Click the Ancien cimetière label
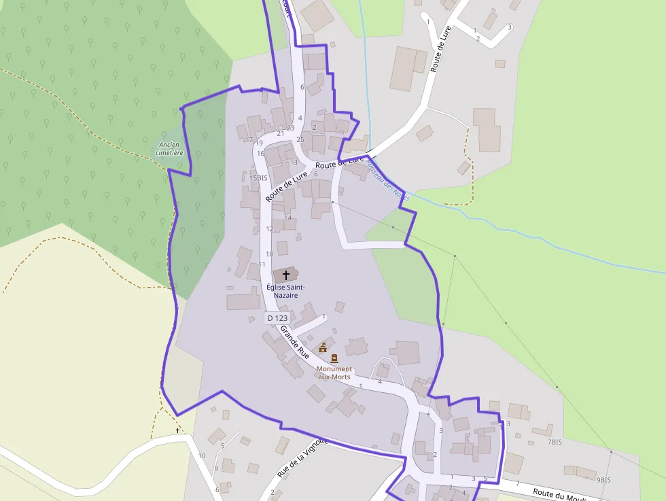[x=169, y=148]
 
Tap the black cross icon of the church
[x=286, y=275]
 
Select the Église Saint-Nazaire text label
[x=285, y=291]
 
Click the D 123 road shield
[x=277, y=317]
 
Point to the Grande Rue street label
[x=295, y=343]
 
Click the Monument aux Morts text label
[x=334, y=373]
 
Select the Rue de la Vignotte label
[x=302, y=457]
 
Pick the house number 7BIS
[x=555, y=442]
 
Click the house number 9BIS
[x=603, y=479]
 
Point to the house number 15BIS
[x=258, y=178]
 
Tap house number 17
[x=249, y=139]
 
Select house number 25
[x=300, y=139]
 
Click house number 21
[x=280, y=133]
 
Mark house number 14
[x=288, y=218]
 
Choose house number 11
[x=262, y=264]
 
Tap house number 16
[x=260, y=153]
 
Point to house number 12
[x=270, y=229]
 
